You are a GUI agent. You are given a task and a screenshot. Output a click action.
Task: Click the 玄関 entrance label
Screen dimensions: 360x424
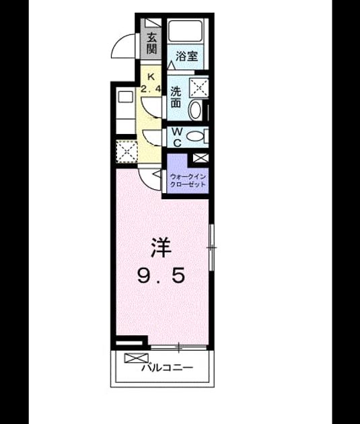click(x=151, y=43)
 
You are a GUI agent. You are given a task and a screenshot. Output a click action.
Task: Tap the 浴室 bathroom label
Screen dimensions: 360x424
click(x=187, y=57)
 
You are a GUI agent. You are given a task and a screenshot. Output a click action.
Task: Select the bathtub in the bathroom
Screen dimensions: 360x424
click(x=185, y=30)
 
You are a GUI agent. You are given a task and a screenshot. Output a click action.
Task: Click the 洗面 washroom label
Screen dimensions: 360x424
click(x=176, y=98)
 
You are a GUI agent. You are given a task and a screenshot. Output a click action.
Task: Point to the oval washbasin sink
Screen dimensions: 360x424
click(x=195, y=110)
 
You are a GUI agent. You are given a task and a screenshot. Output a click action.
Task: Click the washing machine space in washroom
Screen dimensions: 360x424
click(x=199, y=88)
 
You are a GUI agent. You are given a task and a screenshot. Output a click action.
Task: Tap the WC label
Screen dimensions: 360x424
click(x=177, y=138)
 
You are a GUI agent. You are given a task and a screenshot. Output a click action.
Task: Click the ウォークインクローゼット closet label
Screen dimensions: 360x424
click(x=188, y=180)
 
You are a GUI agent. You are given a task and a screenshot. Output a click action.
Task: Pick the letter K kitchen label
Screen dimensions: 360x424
click(x=151, y=77)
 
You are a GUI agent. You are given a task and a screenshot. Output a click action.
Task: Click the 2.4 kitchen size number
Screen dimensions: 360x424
click(x=151, y=89)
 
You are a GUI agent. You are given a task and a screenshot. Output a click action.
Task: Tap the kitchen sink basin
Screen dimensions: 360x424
click(x=126, y=96)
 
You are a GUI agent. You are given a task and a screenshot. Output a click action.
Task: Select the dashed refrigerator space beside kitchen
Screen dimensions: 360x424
click(x=127, y=151)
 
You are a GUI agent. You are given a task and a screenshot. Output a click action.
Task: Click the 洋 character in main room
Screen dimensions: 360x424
click(x=161, y=248)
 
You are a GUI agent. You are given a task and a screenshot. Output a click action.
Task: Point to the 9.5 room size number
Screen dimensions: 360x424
click(x=161, y=275)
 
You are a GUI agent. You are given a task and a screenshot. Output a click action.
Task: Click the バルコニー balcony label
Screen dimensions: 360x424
click(x=168, y=367)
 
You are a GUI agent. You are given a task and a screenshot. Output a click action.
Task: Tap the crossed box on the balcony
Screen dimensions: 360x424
click(x=137, y=358)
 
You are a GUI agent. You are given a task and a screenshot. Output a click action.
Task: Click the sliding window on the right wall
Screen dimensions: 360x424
click(x=212, y=247)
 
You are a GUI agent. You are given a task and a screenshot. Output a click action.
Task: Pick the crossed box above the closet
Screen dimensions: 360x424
click(x=201, y=157)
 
